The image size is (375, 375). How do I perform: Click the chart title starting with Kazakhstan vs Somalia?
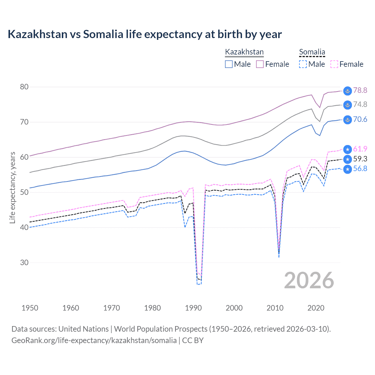(145, 34)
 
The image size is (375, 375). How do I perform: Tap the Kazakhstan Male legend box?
(229, 64)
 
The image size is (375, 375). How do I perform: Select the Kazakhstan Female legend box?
(260, 64)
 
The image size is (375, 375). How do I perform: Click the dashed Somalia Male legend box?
(303, 64)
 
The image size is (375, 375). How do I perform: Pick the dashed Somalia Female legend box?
(334, 64)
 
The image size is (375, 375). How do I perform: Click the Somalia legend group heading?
(312, 52)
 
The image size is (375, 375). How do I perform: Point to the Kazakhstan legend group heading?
(244, 52)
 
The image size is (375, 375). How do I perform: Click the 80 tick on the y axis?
(24, 87)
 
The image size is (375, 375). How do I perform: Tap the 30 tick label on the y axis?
(24, 262)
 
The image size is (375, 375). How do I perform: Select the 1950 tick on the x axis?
(30, 308)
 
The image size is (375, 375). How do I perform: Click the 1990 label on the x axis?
(193, 308)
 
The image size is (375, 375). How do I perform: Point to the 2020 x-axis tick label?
(316, 308)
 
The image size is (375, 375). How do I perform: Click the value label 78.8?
(360, 90)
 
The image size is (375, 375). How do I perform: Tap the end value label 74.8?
(360, 104)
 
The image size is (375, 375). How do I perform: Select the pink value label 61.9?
(360, 149)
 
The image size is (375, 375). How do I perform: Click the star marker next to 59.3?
(347, 159)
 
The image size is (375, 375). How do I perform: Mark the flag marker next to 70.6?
(347, 120)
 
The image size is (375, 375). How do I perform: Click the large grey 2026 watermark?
(309, 280)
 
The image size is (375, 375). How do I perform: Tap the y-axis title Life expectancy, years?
(12, 187)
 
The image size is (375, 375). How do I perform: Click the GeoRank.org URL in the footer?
(94, 340)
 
